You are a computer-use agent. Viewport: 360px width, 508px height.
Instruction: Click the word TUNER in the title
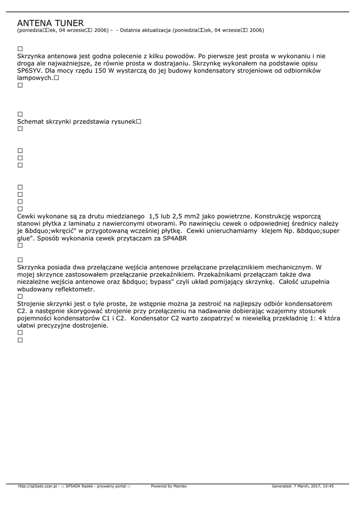click(67, 23)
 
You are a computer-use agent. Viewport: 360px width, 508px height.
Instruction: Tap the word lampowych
click(34, 78)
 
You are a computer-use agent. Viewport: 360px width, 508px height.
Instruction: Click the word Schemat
click(32, 122)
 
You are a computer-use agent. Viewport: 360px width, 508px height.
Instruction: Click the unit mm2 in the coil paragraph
click(191, 216)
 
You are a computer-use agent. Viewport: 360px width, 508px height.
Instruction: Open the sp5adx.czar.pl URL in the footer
click(38, 486)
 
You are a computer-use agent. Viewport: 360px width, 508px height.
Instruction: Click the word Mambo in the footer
click(180, 486)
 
